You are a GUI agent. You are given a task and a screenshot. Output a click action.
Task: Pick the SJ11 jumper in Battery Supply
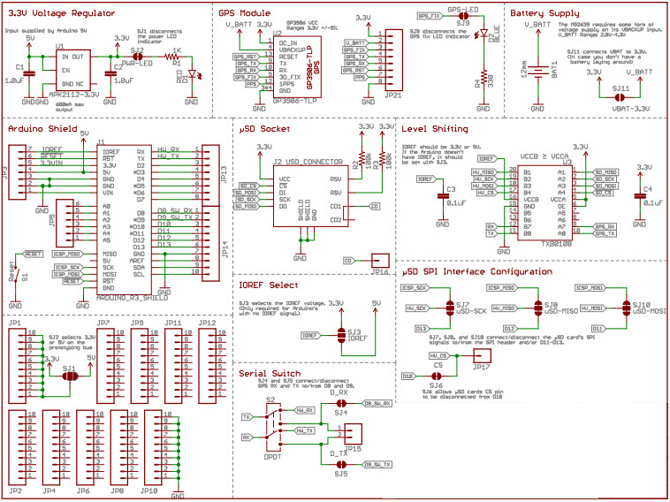[x=621, y=89]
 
